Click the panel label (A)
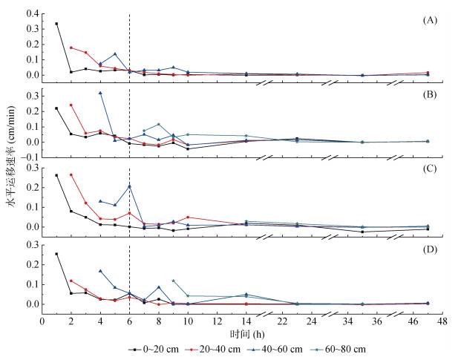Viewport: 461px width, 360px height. [428, 20]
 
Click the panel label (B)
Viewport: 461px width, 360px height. [428, 96]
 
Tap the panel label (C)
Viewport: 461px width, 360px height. [428, 175]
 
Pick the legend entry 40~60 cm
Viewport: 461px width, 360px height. [283, 347]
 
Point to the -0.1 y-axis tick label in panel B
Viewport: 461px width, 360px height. [27, 157]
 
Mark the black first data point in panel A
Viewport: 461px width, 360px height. [56, 24]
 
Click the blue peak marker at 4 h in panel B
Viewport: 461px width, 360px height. [100, 93]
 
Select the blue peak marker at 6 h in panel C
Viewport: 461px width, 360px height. [129, 186]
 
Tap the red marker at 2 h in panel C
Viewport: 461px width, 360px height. [71, 174]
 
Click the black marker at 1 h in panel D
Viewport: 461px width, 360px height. [56, 254]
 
